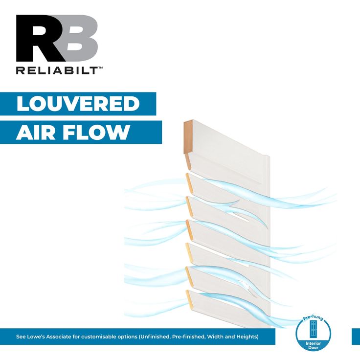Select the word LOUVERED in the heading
[78, 104]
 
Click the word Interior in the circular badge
[313, 344]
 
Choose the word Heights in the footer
[246, 337]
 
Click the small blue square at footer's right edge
[356, 337]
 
